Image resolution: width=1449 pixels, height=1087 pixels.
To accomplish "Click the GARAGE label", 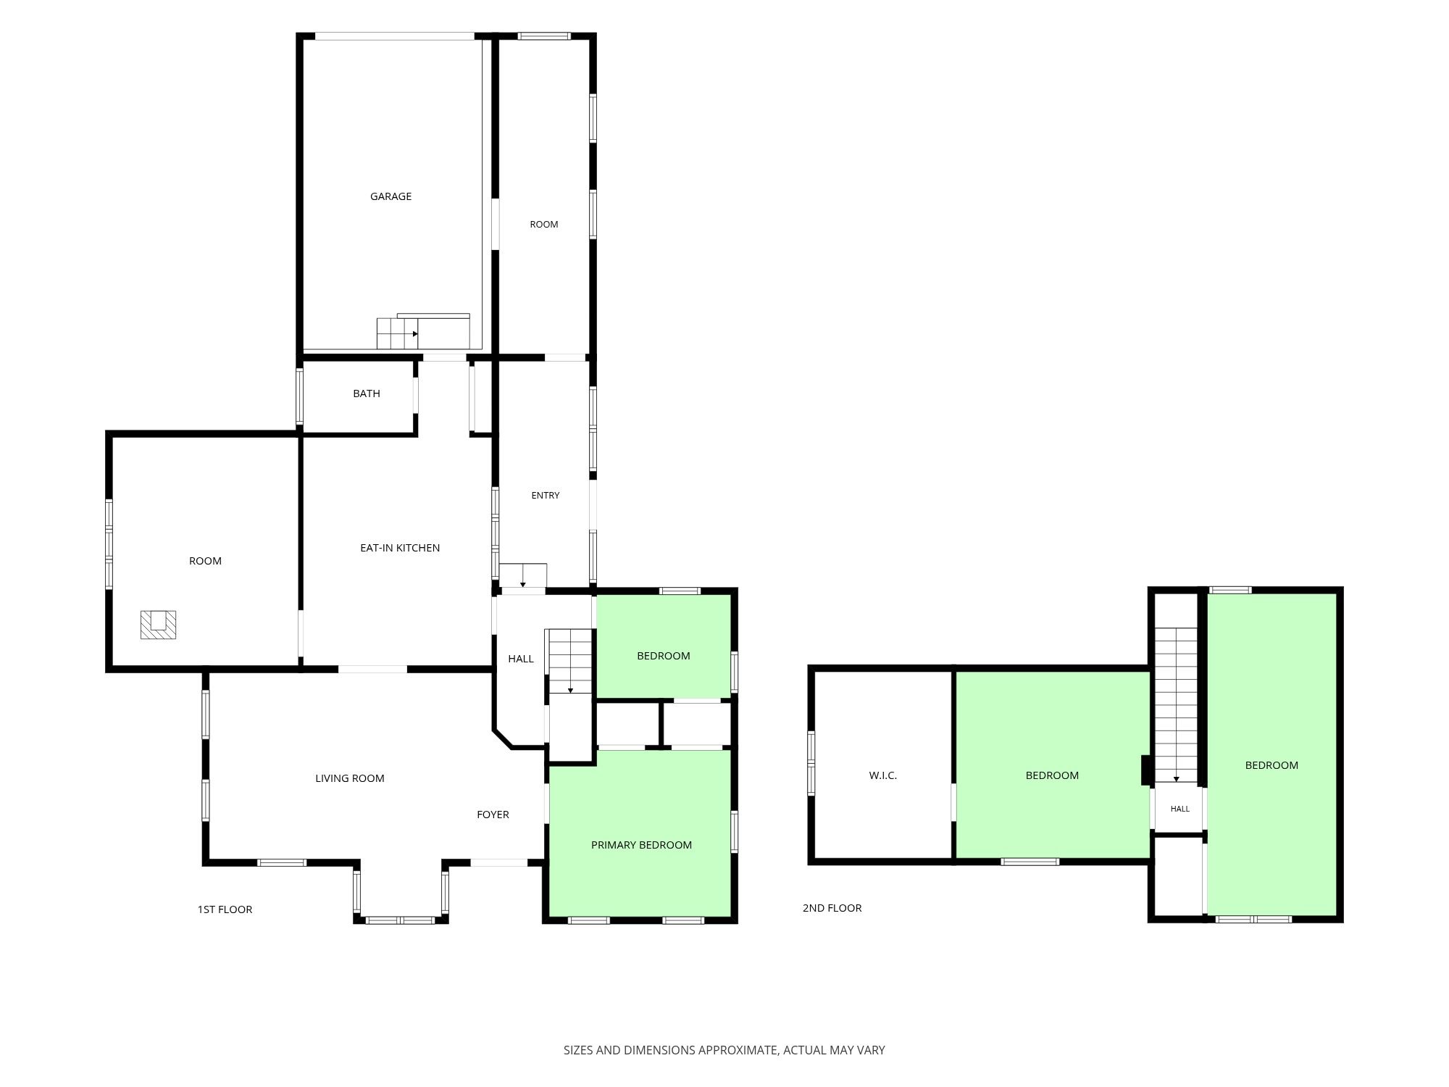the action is [x=391, y=196].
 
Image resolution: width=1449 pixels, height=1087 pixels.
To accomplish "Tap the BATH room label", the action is [x=367, y=393].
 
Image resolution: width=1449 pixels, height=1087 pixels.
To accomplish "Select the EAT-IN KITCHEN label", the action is [x=400, y=548].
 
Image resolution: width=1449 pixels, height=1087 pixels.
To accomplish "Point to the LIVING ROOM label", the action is [x=350, y=778].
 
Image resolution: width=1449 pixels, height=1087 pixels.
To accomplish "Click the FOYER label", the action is [x=493, y=815].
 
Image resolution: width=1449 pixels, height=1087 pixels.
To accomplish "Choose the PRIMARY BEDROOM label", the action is [x=641, y=845].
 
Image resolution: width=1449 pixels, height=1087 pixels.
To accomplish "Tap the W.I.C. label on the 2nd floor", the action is [x=883, y=775].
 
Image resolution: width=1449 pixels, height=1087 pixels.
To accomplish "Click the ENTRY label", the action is [x=546, y=496].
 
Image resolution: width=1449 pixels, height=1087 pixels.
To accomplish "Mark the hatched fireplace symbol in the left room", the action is [x=158, y=625].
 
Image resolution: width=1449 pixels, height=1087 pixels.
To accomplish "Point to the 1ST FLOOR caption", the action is [x=225, y=909].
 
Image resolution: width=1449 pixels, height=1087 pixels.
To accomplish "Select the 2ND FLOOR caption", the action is [x=832, y=908].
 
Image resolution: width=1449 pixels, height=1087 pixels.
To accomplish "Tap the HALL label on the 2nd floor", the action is [x=1180, y=809].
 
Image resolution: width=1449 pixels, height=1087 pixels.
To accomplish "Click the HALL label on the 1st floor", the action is [x=521, y=659].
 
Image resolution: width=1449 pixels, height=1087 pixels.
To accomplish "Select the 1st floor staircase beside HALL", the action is [x=569, y=661].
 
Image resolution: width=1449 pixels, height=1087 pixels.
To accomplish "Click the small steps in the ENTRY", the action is [x=523, y=575].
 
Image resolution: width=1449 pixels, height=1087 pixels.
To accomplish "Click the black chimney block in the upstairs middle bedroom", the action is [x=1146, y=770].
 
